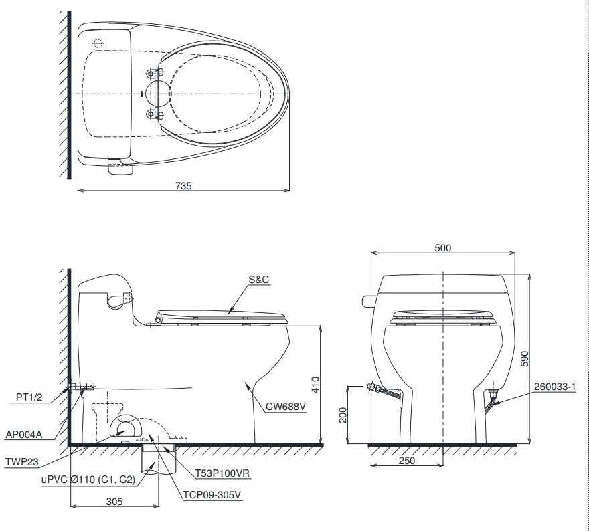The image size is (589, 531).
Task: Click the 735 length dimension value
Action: point(184,187)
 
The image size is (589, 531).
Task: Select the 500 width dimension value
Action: point(442,248)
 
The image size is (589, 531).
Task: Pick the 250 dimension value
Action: point(407,461)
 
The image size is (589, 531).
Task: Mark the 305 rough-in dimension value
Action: point(114,502)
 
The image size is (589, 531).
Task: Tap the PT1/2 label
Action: point(30,397)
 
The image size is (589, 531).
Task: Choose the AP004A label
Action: point(23,434)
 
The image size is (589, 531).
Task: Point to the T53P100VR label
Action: point(222,473)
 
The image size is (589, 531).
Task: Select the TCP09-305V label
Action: point(212,495)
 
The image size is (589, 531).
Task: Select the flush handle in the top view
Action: point(120,167)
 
